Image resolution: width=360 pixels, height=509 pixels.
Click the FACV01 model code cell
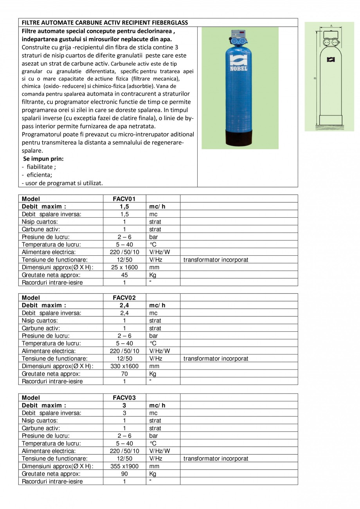click(124, 199)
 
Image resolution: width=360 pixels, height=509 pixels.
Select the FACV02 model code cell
click(124, 298)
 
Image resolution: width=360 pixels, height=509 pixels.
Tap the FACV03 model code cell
click(124, 397)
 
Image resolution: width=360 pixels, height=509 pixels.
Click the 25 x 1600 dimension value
click(124, 267)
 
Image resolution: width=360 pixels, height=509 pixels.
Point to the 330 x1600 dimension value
click(124, 366)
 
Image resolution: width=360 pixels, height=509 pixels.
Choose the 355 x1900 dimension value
click(124, 466)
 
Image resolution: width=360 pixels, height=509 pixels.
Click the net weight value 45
click(124, 275)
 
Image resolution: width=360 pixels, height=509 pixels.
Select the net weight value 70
click(124, 374)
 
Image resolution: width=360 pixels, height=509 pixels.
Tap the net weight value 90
click(124, 474)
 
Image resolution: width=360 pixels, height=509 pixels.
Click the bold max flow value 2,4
click(124, 305)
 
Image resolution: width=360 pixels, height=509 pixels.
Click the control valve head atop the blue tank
click(238, 38)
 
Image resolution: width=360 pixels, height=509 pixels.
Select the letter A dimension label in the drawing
click(331, 25)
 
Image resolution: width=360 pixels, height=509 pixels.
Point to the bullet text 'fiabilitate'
click(41, 167)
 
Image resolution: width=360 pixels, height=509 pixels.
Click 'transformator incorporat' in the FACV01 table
click(216, 260)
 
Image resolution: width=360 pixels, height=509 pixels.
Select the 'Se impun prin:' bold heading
click(43, 159)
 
